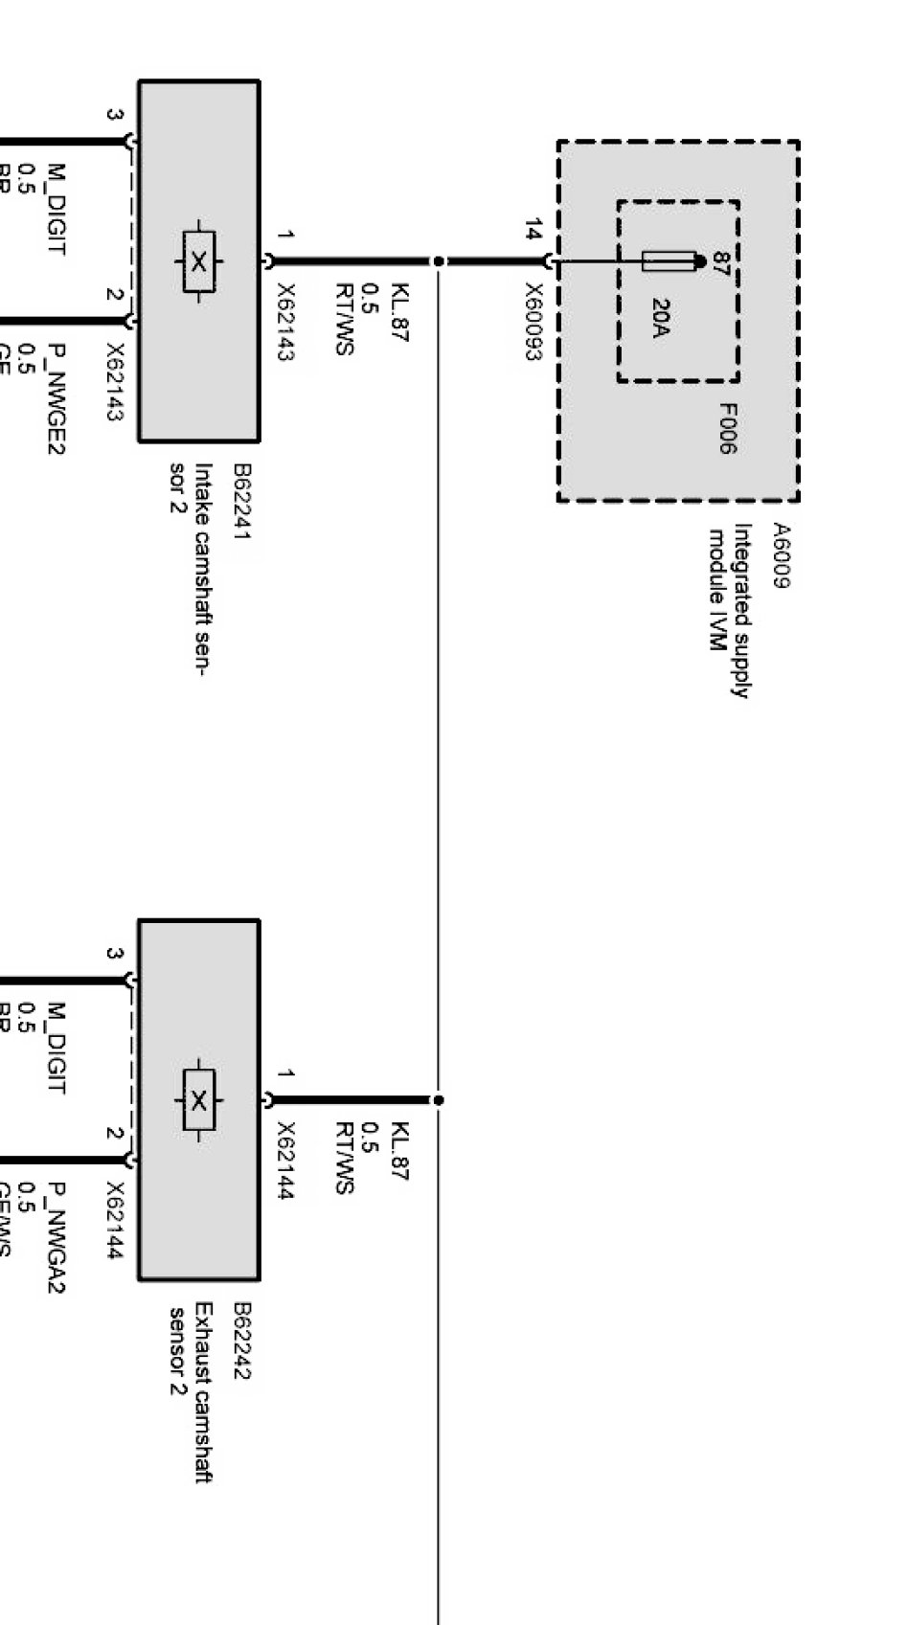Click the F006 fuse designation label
pos(727,428)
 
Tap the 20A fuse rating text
pos(661,318)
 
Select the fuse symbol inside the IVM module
pos(668,260)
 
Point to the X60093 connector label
pos(533,322)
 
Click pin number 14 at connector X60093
pos(533,231)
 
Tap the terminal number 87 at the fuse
pos(720,263)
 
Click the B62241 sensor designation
pos(240,503)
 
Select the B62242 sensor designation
pos(240,1341)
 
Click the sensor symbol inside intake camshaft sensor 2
pos(198,261)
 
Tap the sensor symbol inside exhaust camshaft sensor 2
pos(198,1100)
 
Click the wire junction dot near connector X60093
pos(438,260)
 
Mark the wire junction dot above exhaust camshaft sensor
pos(438,1100)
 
